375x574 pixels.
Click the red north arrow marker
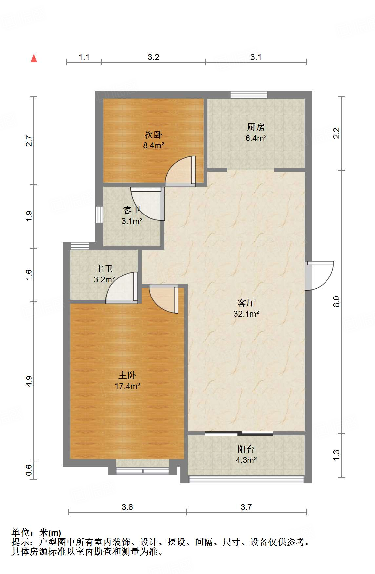pyautogui.click(x=34, y=58)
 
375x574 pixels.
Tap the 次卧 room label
pyautogui.click(x=153, y=134)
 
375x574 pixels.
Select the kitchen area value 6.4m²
pyautogui.click(x=256, y=138)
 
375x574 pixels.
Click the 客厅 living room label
pyautogui.click(x=246, y=302)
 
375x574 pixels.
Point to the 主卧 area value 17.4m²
pyautogui.click(x=128, y=386)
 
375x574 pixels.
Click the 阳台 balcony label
pyautogui.click(x=246, y=449)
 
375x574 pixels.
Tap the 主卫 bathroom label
pyautogui.click(x=104, y=269)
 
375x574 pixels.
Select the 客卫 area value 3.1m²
pyautogui.click(x=132, y=221)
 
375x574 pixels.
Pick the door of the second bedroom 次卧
pyautogui.click(x=180, y=171)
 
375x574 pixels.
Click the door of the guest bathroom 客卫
pyautogui.click(x=148, y=204)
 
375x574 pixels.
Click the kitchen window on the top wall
pyautogui.click(x=249, y=94)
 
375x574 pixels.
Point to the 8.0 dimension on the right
pyautogui.click(x=337, y=301)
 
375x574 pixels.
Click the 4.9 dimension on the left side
pyautogui.click(x=29, y=381)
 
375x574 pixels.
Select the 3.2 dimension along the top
pyautogui.click(x=153, y=57)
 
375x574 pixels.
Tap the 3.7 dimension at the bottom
pyautogui.click(x=246, y=507)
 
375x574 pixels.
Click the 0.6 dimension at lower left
pyautogui.click(x=29, y=470)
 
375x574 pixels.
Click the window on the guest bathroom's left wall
pyautogui.click(x=99, y=215)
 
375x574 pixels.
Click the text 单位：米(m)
pyautogui.click(x=36, y=533)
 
